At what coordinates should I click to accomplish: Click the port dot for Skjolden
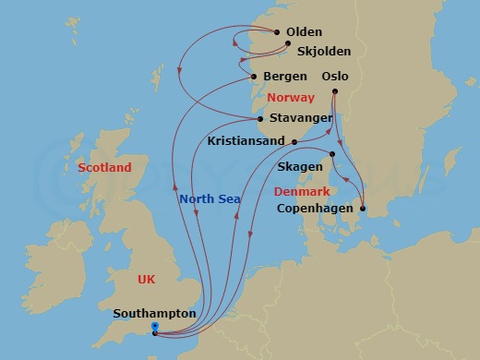[288, 43]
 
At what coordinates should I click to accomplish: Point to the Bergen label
[284, 76]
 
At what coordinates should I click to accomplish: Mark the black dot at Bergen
[254, 76]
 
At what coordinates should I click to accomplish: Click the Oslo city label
[335, 76]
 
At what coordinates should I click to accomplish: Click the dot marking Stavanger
[261, 117]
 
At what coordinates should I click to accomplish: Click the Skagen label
[301, 167]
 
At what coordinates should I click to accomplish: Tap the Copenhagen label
[316, 209]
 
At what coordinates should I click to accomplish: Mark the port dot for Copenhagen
[363, 209]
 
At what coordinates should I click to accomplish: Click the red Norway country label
[290, 98]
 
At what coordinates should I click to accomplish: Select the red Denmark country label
[302, 192]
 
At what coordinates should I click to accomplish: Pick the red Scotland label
[104, 168]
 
